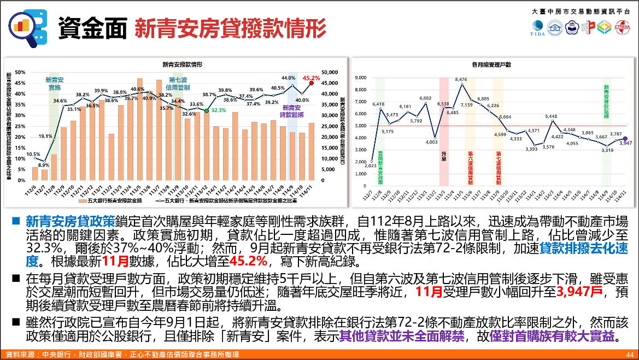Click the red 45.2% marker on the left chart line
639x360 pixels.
click(312, 84)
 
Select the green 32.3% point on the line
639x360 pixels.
click(206, 110)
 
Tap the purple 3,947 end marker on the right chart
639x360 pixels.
click(625, 139)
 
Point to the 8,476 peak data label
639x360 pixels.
click(461, 80)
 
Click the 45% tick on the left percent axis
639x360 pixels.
click(20, 83)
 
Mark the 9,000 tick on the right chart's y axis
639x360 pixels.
click(361, 78)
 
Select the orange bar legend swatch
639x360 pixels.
click(82, 201)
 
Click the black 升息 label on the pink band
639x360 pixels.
click(444, 156)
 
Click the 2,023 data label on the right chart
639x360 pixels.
click(370, 165)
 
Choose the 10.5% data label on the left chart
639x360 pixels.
click(33, 155)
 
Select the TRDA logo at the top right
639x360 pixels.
click(537, 28)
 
